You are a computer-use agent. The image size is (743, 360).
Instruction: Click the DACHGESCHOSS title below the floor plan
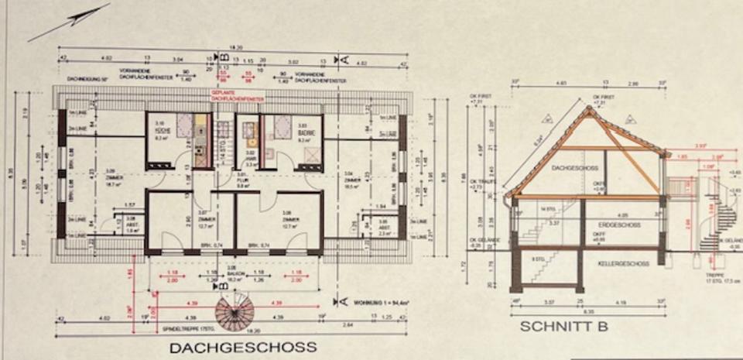(x=242, y=347)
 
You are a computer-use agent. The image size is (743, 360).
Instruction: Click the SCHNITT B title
(x=563, y=326)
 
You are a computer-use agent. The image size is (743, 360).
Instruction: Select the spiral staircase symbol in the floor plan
(x=235, y=314)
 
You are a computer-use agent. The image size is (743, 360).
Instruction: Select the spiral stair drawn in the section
(x=716, y=217)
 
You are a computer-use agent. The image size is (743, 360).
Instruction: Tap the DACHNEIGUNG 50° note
(x=86, y=79)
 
